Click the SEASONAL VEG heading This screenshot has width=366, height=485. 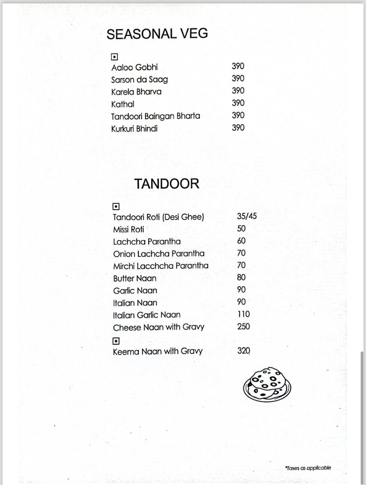point(157,34)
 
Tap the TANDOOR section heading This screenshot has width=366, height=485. point(167,184)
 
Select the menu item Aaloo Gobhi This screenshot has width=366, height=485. point(135,67)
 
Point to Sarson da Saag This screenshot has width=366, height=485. point(139,80)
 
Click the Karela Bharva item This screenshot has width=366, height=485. point(136,92)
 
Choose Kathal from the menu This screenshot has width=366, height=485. point(123,104)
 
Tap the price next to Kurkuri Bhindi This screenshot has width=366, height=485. point(238,128)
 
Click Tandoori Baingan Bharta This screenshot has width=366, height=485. point(156,116)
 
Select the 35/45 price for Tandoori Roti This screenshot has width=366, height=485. point(247,216)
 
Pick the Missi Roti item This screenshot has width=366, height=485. point(128,229)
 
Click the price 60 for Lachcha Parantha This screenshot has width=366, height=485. point(241,241)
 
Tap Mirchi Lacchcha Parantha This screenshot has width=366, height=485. point(161,266)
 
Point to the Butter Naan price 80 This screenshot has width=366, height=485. point(241,277)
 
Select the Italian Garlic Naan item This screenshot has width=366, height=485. point(147,315)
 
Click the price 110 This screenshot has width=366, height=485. point(243,314)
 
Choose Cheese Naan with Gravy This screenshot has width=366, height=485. point(159,328)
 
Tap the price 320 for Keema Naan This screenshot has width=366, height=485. point(244,351)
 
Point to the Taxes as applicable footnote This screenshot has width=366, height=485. point(308,468)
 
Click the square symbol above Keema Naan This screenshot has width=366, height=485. point(116,341)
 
